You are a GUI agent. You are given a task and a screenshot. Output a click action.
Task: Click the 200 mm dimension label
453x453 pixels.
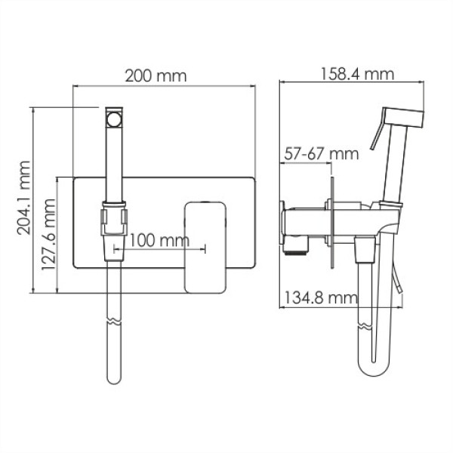pos(156,75)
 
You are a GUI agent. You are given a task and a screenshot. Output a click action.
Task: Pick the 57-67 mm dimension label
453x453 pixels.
pos(321,153)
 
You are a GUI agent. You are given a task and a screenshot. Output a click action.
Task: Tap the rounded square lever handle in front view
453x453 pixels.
pos(205,246)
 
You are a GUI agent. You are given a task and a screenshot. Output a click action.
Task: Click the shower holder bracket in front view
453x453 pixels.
pos(112,219)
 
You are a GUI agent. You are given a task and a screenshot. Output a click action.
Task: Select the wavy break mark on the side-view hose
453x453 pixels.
pos(365,327)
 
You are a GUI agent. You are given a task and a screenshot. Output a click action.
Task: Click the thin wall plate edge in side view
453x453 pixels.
pos(331,222)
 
